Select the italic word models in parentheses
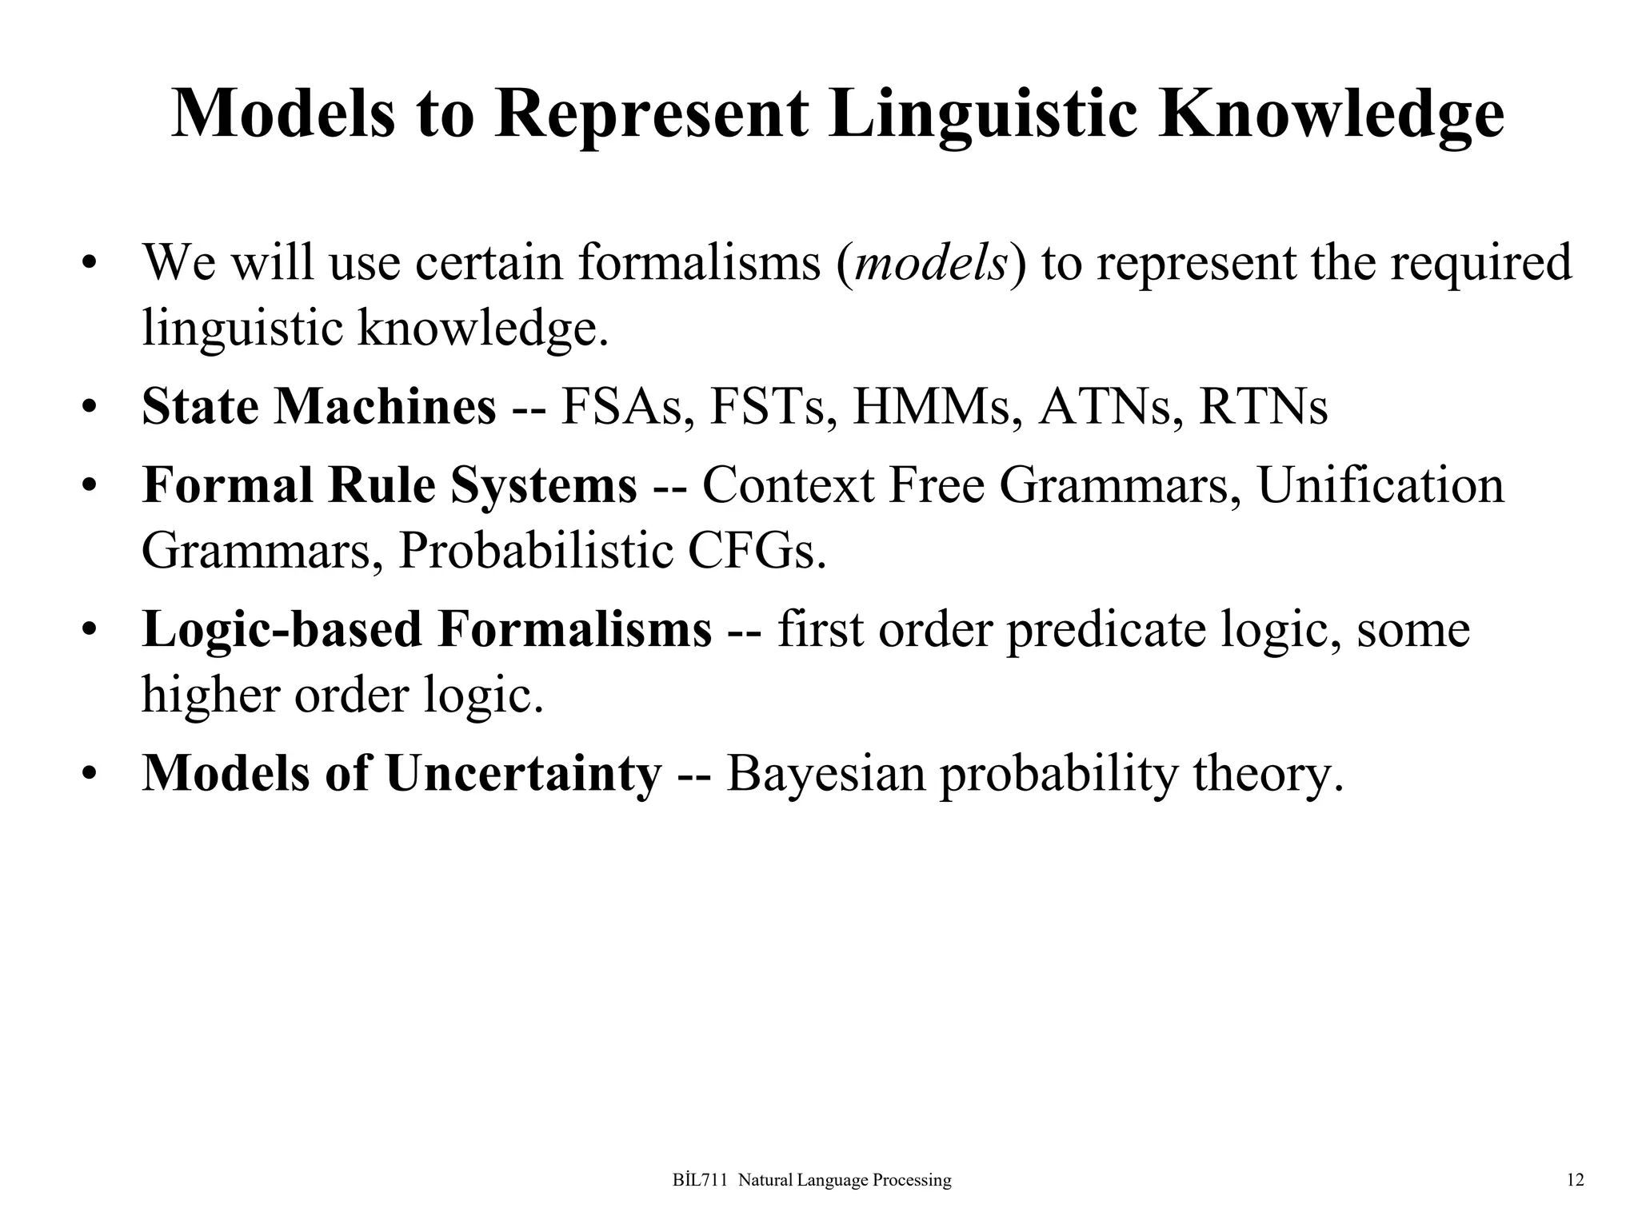(x=930, y=263)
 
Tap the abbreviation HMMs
(x=937, y=407)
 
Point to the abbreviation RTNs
(x=1263, y=407)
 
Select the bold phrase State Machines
(x=318, y=407)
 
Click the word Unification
(x=1380, y=485)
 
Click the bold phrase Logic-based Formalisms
(x=426, y=629)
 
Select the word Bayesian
(x=825, y=774)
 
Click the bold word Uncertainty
(x=524, y=774)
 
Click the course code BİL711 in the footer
(x=701, y=1180)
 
